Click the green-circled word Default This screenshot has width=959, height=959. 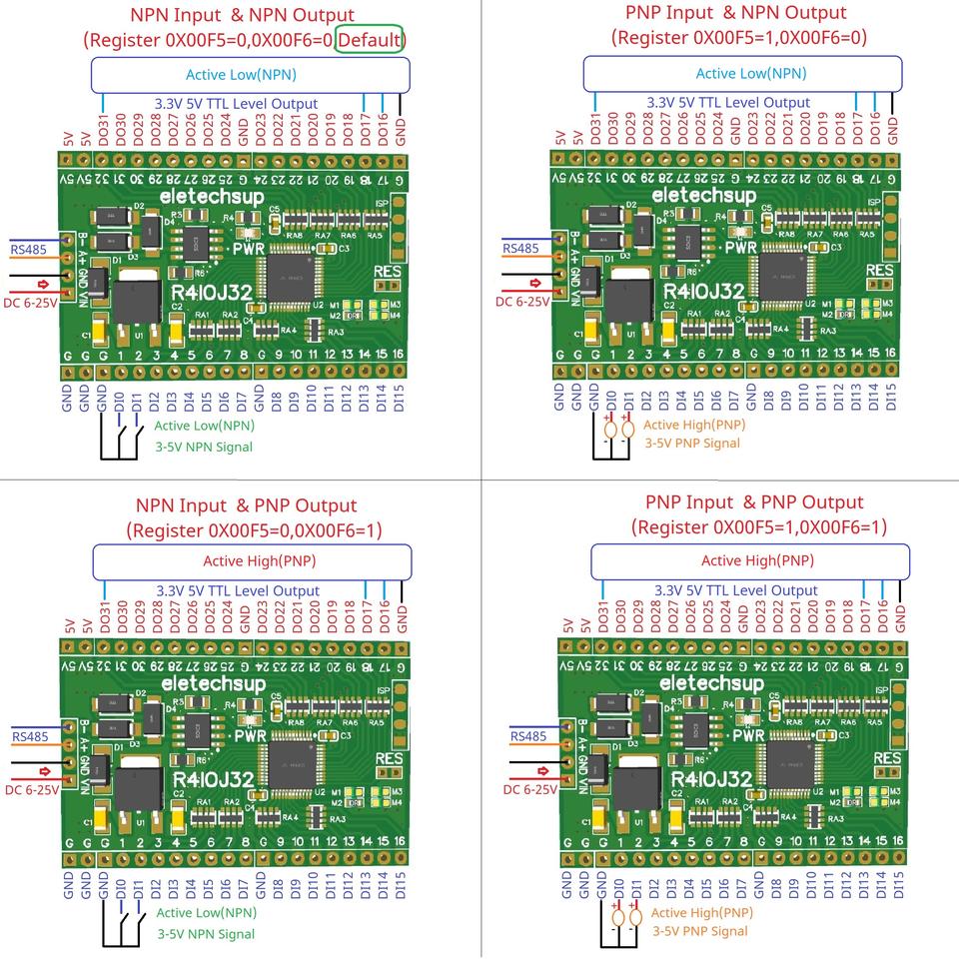(x=370, y=41)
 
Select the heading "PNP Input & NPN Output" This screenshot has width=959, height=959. (x=735, y=13)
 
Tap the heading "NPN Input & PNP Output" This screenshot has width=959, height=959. (x=246, y=505)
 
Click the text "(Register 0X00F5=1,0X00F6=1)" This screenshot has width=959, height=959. (x=758, y=526)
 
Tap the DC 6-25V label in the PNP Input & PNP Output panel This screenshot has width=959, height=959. (x=529, y=789)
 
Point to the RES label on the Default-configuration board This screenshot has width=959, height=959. (x=388, y=272)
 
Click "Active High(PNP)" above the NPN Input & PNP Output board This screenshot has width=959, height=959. (x=260, y=561)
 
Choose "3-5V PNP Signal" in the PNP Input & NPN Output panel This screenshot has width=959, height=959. (x=692, y=443)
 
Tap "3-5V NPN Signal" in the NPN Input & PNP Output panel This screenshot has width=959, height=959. (x=206, y=934)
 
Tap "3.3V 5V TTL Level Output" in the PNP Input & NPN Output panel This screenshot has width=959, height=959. (x=727, y=103)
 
